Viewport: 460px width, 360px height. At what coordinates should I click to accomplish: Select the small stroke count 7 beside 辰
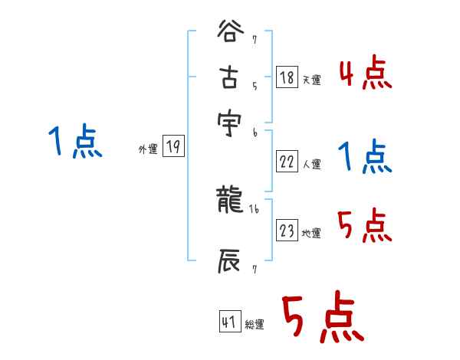point(254,269)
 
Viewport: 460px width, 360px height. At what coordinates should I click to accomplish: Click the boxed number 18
point(285,77)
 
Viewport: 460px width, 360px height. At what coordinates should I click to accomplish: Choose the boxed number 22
point(285,161)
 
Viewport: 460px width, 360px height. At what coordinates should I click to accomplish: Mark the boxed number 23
point(285,231)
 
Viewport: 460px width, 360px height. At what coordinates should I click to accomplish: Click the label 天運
point(311,80)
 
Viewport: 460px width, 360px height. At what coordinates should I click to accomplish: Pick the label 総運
point(255,325)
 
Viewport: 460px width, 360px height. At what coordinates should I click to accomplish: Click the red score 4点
point(365,74)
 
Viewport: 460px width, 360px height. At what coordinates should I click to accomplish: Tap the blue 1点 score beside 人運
point(365,158)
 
